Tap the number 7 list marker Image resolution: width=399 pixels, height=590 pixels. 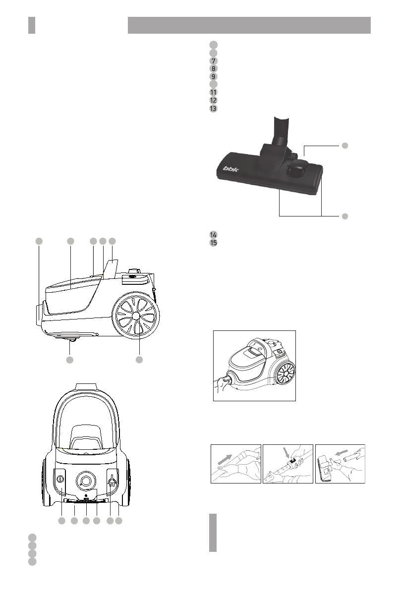click(x=213, y=60)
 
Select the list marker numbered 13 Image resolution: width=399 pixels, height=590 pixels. click(x=213, y=108)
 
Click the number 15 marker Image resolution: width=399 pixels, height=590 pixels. click(x=213, y=243)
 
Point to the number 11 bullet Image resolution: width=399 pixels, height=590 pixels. click(x=213, y=93)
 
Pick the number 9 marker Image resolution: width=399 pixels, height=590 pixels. click(x=213, y=77)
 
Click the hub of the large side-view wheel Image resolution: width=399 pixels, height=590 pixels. click(x=136, y=315)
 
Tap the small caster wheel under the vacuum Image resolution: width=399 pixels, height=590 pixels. click(x=72, y=339)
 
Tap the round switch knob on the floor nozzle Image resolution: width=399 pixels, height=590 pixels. click(x=296, y=171)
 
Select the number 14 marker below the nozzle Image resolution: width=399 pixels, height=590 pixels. click(x=213, y=234)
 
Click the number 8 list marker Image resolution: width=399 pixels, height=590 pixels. click(x=213, y=69)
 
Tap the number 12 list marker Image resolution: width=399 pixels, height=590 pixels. click(x=213, y=101)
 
